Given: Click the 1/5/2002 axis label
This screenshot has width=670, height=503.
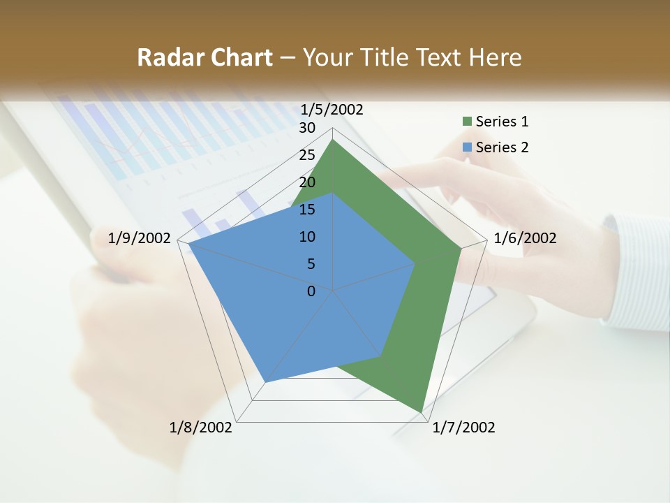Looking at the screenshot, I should tap(332, 109).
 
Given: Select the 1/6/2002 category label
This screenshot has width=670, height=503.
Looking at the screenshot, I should tap(525, 238).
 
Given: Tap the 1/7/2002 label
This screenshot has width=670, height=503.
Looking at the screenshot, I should tap(463, 428).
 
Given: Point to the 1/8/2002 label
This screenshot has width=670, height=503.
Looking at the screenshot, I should tap(201, 428).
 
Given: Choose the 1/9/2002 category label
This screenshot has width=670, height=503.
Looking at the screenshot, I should tap(140, 238).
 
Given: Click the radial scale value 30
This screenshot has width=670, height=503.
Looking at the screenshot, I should tap(307, 128).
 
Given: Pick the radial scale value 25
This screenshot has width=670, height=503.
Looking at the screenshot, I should tap(307, 155).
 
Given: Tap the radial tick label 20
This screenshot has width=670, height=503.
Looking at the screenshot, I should tap(307, 182).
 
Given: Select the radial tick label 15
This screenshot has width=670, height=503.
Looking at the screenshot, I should tap(307, 210).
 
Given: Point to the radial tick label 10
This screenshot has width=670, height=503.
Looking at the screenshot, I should tap(307, 237).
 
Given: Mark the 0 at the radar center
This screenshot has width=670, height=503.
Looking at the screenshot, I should tap(311, 291).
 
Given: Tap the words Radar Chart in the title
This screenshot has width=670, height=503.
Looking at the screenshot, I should tap(204, 57).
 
